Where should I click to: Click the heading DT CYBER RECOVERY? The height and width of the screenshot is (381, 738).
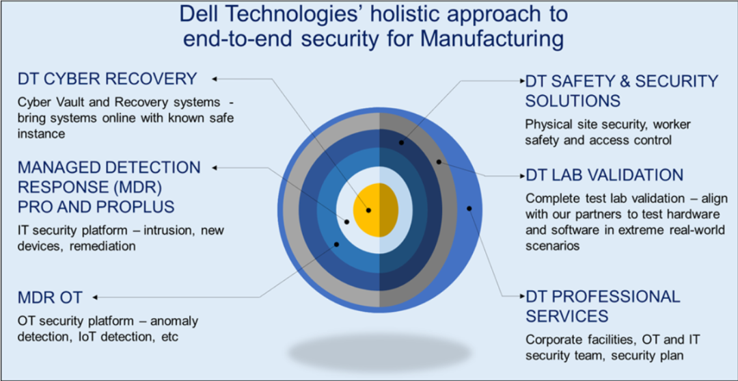pos(107,79)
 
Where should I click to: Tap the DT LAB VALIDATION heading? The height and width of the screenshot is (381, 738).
pos(604,175)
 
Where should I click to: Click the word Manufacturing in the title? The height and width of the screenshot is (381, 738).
pos(490,39)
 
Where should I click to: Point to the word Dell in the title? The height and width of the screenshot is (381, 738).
pos(197,14)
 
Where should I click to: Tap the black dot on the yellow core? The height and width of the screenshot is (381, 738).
pos(368,211)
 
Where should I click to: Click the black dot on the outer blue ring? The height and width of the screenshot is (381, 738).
pos(469,208)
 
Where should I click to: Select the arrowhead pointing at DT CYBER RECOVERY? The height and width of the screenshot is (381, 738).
pos(214,79)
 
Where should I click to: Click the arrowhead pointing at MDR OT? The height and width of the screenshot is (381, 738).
pos(96,297)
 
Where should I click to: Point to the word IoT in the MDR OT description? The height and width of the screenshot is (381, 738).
pos(83,337)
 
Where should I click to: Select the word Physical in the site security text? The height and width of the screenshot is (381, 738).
pos(545,124)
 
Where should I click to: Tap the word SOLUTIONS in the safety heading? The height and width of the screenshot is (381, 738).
pos(573,101)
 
